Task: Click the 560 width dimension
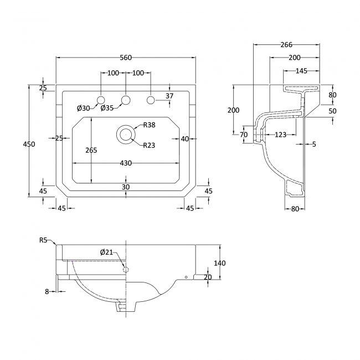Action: click(x=126, y=58)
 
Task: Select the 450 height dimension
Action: click(x=29, y=144)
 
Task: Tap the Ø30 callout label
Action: click(x=83, y=108)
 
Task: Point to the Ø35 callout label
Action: click(x=107, y=107)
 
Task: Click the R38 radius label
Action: click(x=149, y=125)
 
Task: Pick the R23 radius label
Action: click(x=149, y=145)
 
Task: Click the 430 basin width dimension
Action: click(x=126, y=163)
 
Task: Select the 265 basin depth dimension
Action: click(x=91, y=150)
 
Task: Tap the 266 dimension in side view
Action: click(x=286, y=44)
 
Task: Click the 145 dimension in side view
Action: click(x=301, y=71)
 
